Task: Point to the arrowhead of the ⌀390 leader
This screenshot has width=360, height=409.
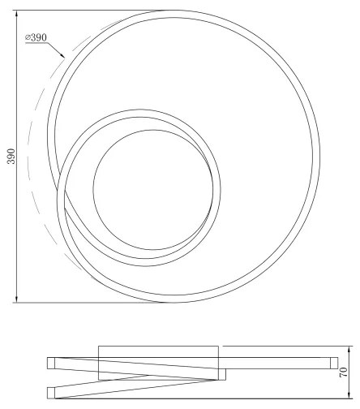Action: pyautogui.click(x=64, y=57)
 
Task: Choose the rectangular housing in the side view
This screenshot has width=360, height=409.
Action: pyautogui.click(x=158, y=363)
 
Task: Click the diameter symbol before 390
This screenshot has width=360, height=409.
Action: pyautogui.click(x=28, y=38)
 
